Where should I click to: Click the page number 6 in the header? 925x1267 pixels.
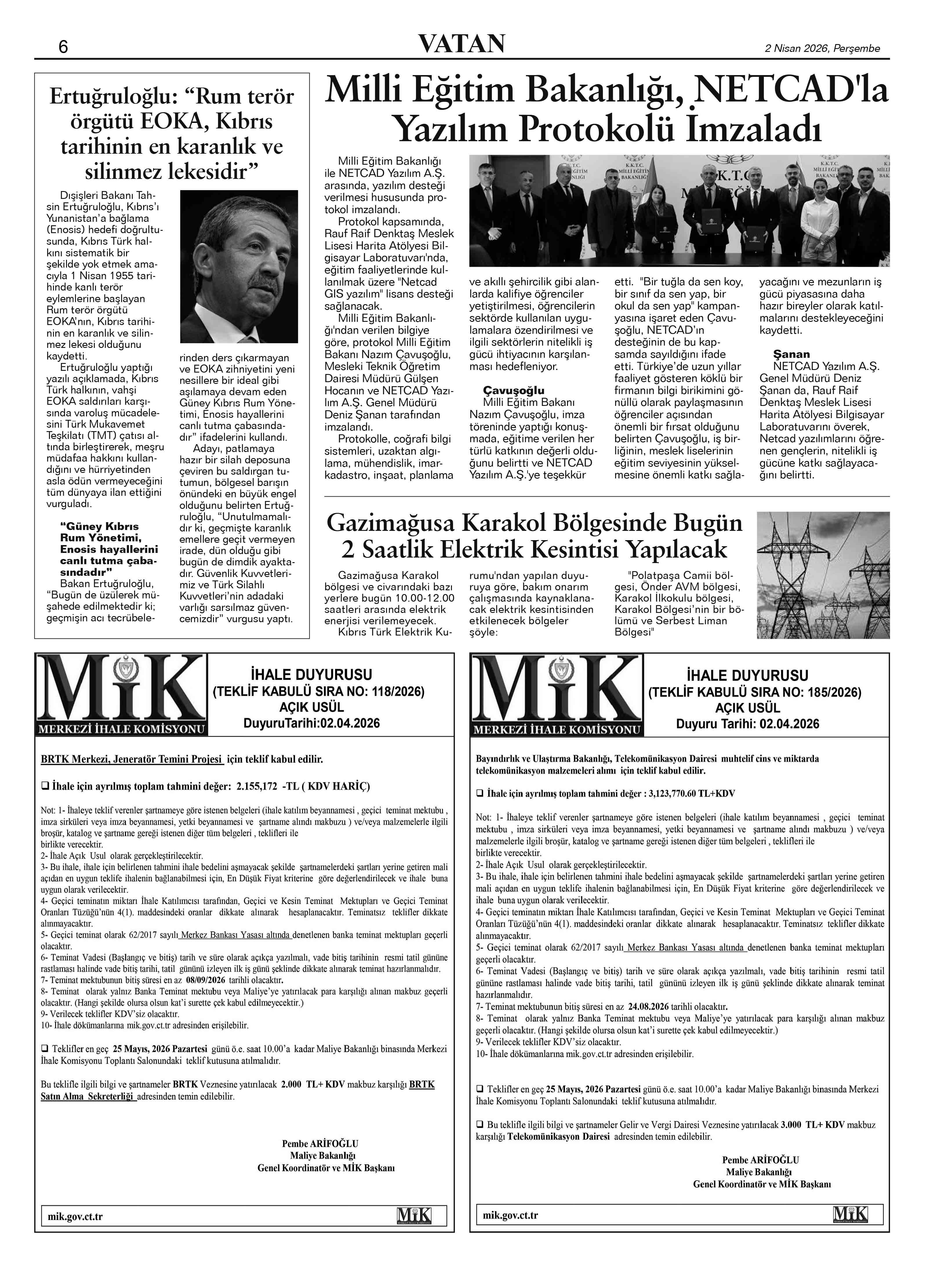pyautogui.click(x=63, y=47)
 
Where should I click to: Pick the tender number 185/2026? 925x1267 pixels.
pyautogui.click(x=830, y=693)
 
